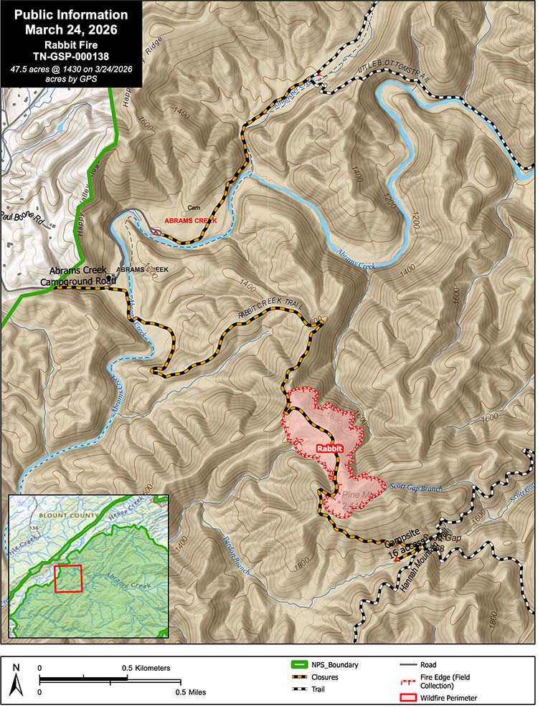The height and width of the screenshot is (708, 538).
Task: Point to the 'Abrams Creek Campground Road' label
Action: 82,276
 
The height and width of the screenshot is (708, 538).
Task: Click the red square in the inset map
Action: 68,578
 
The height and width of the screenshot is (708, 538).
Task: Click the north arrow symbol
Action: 19,679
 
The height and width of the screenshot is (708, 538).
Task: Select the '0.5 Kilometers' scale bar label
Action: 146,668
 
